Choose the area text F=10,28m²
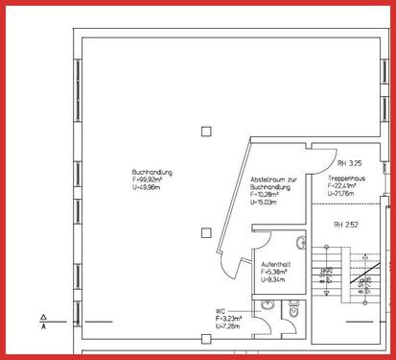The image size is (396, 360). (267, 195)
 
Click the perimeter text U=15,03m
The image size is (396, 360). (264, 203)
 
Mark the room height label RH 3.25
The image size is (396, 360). (337, 150)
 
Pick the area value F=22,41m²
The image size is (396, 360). (343, 186)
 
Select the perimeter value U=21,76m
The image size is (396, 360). (341, 194)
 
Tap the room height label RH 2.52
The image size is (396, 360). (345, 225)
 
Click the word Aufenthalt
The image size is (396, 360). (275, 263)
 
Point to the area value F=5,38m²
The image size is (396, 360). (275, 271)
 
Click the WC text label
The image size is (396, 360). (220, 310)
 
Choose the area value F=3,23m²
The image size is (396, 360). (231, 318)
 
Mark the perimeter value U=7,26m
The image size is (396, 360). (230, 326)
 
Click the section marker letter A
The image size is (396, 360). (44, 326)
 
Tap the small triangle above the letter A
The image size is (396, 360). (44, 315)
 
